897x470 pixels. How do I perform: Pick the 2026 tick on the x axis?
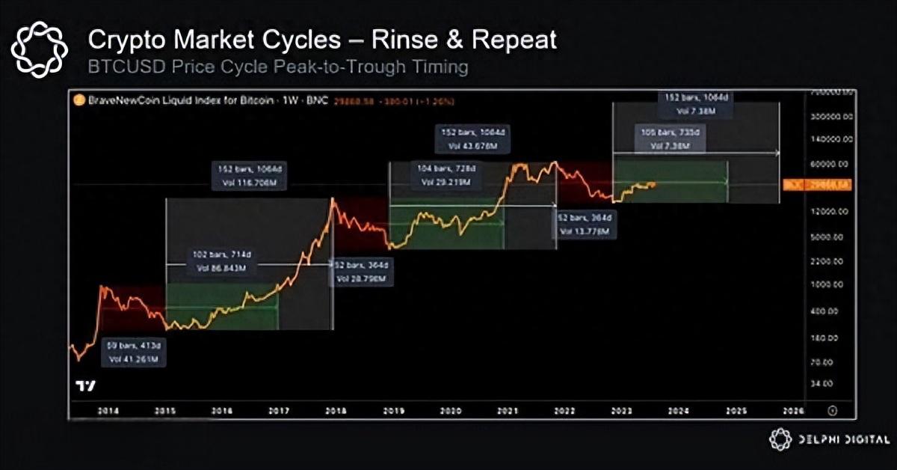[x=793, y=411]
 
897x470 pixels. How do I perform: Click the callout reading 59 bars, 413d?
[x=135, y=352]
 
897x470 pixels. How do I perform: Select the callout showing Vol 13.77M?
[x=587, y=225]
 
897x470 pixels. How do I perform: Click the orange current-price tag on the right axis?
[x=816, y=184]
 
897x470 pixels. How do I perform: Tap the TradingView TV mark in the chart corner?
[x=86, y=386]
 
